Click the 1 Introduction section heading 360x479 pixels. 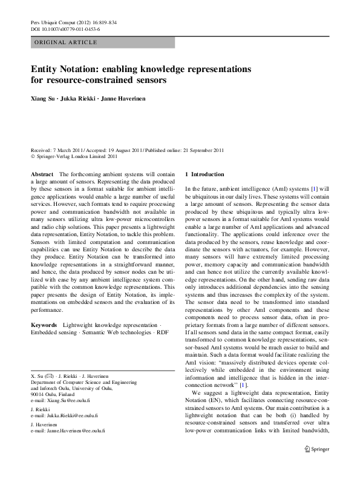tap(204, 174)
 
